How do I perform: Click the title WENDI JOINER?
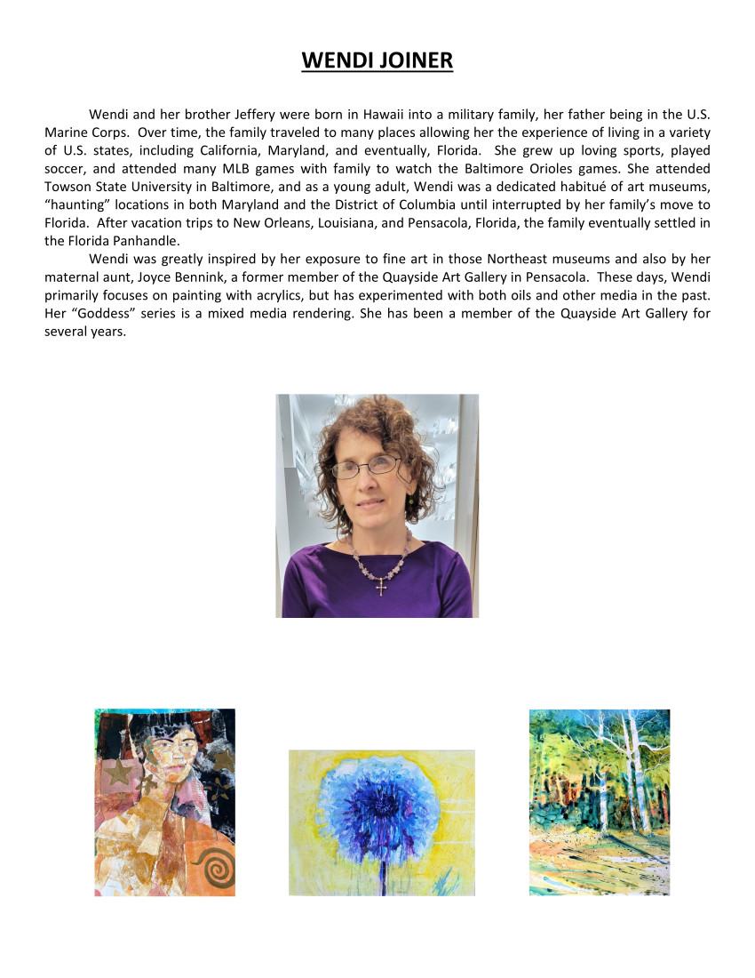pos(377,60)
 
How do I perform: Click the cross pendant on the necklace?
pos(382,587)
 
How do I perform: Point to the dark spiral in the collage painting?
pos(214,862)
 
